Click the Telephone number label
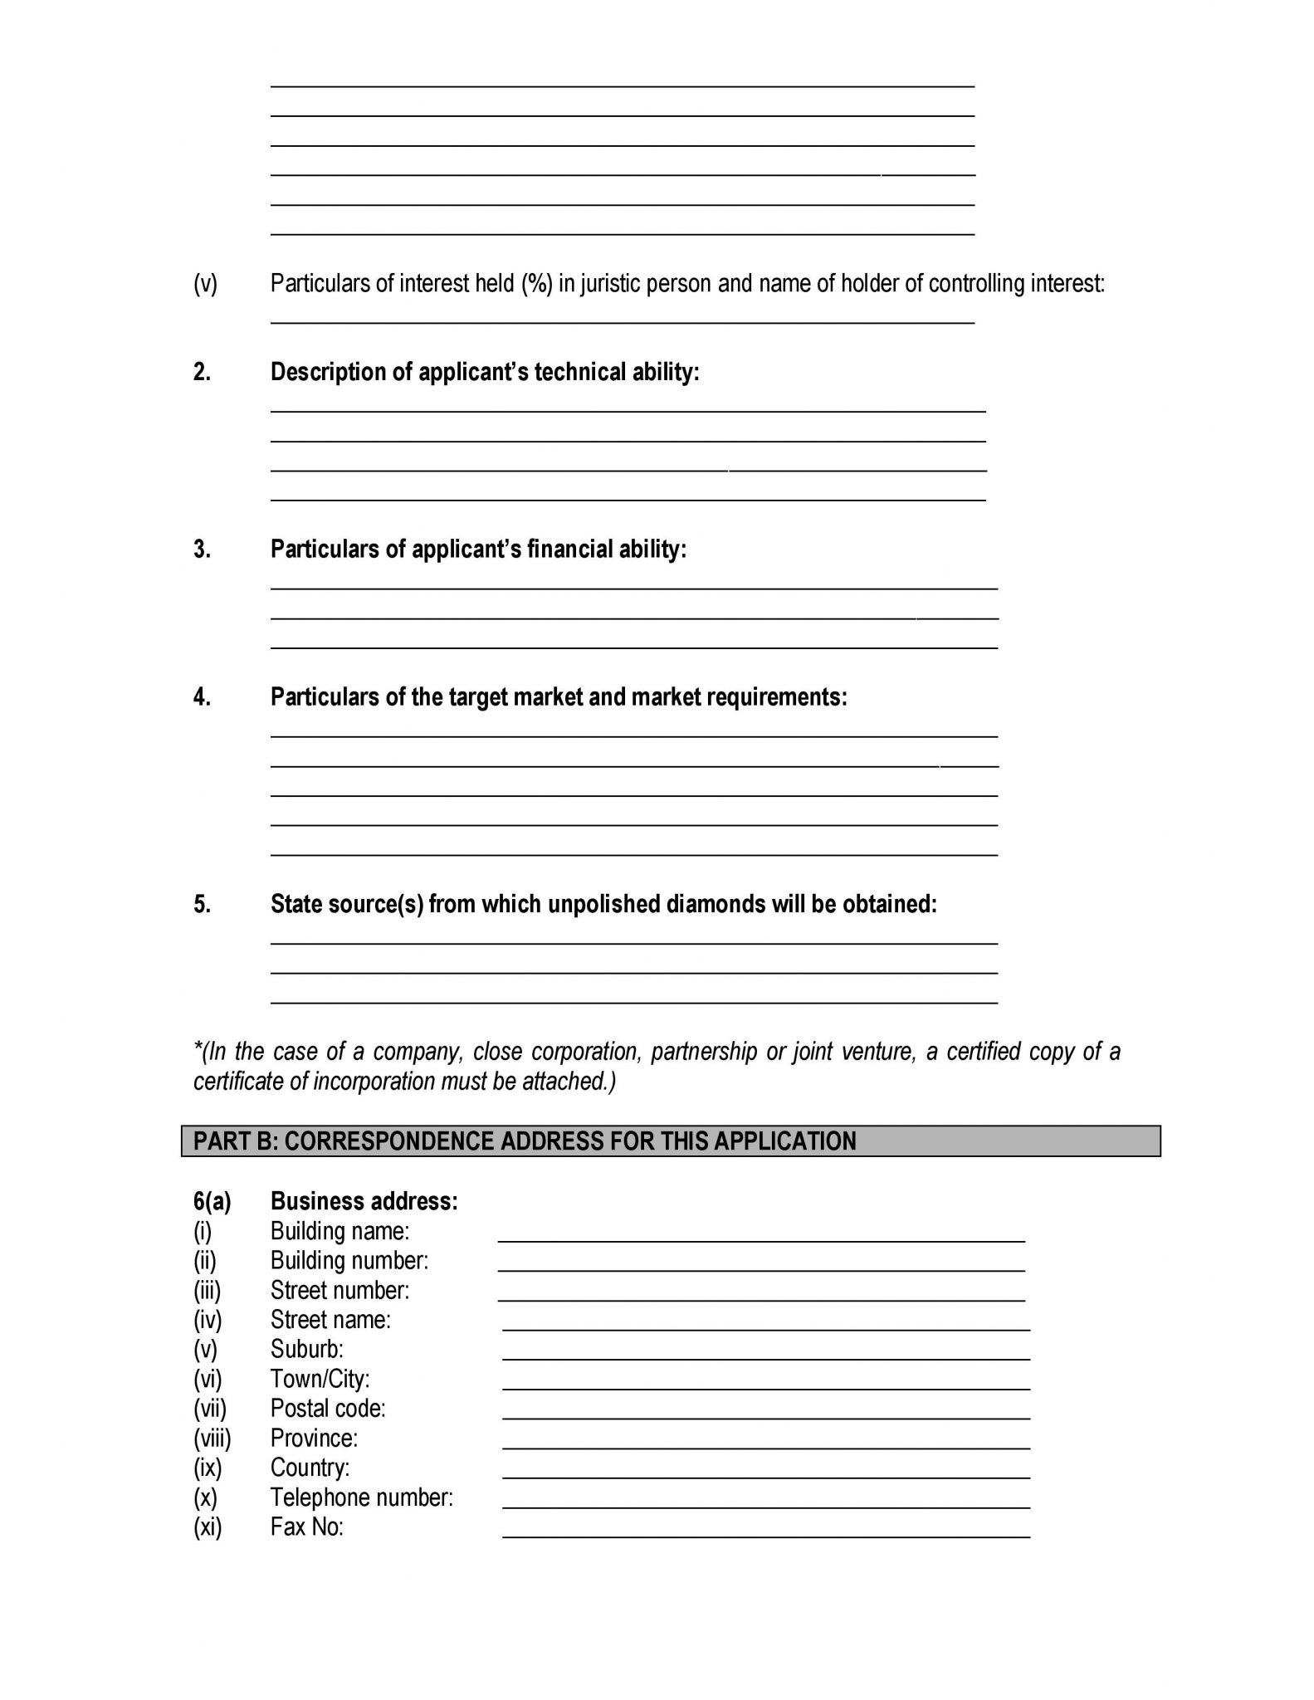coord(362,1497)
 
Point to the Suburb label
coord(306,1349)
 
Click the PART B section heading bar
coord(671,1141)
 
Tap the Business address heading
coord(364,1201)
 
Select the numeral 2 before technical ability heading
coord(202,372)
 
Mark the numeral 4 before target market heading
coord(202,697)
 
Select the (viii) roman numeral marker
coord(212,1439)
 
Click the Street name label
coord(330,1320)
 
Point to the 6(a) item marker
coord(212,1201)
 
